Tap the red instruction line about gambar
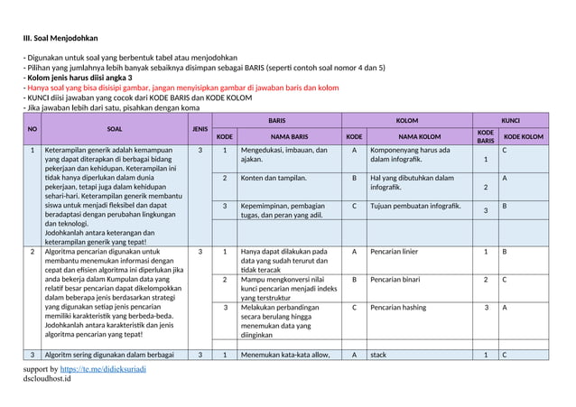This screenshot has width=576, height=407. click(181, 88)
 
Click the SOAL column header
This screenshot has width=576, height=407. click(115, 128)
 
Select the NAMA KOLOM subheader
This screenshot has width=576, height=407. click(421, 137)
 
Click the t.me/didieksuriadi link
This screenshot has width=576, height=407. click(116, 370)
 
